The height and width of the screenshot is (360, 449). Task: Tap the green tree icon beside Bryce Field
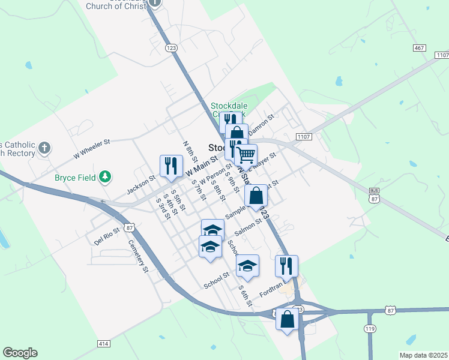pyautogui.click(x=106, y=176)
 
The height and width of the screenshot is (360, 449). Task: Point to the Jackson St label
pyautogui.click(x=141, y=185)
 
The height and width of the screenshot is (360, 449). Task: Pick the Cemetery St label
pyautogui.click(x=138, y=257)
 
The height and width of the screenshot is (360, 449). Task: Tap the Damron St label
pyautogui.click(x=261, y=124)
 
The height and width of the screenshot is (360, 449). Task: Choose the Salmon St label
pyautogui.click(x=249, y=226)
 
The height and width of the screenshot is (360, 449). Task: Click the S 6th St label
pyautogui.click(x=245, y=296)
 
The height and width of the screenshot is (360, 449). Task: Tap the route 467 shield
pyautogui.click(x=420, y=47)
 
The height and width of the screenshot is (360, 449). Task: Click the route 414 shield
pyautogui.click(x=103, y=343)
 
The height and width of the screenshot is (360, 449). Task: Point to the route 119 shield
pyautogui.click(x=369, y=328)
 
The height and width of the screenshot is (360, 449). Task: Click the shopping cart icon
pyautogui.click(x=246, y=155)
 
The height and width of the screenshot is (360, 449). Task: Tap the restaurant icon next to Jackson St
pyautogui.click(x=171, y=166)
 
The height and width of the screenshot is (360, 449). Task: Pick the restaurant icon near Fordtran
pyautogui.click(x=286, y=266)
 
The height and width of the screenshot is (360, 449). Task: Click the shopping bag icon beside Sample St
pyautogui.click(x=256, y=196)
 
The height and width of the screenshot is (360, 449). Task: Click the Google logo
pyautogui.click(x=20, y=353)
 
